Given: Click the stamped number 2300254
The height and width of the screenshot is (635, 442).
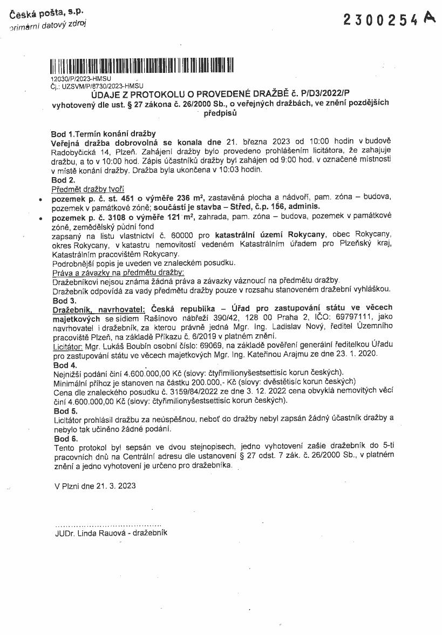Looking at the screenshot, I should click(x=380, y=21).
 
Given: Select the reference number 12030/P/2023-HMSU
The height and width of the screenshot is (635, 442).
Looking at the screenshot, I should click(x=80, y=79).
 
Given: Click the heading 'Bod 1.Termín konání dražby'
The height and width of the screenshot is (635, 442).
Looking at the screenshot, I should click(x=103, y=133).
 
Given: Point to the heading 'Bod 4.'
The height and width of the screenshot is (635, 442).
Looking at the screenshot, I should click(x=63, y=366).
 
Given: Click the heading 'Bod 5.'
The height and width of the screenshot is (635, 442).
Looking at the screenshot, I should click(x=63, y=410).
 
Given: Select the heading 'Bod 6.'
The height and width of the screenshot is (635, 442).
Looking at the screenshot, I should click(x=63, y=438).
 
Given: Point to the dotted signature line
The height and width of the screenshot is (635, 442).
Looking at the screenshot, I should click(x=108, y=524).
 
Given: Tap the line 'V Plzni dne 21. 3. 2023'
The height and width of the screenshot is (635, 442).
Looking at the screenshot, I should click(x=95, y=485).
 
